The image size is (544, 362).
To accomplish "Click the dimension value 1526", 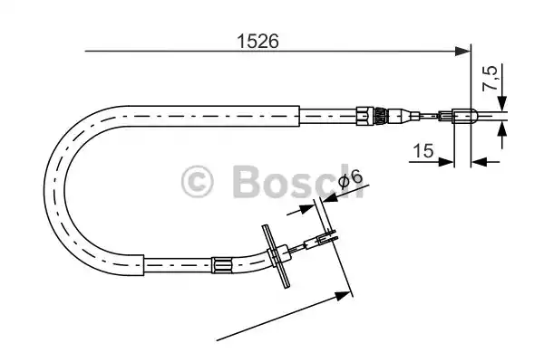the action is tap(257, 42).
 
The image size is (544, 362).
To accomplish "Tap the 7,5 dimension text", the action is tap(490, 78).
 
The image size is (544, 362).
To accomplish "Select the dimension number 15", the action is tap(423, 151).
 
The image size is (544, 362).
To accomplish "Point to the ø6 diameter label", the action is tap(350, 179).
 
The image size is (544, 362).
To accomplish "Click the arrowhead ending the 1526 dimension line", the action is tap(462, 52).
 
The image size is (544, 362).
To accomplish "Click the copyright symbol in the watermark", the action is tap(197, 181).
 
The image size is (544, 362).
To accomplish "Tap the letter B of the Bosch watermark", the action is tap(247, 181).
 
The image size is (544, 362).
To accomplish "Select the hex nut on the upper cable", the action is tap(364, 115).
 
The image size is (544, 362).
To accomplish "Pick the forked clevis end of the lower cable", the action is tap(326, 237).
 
